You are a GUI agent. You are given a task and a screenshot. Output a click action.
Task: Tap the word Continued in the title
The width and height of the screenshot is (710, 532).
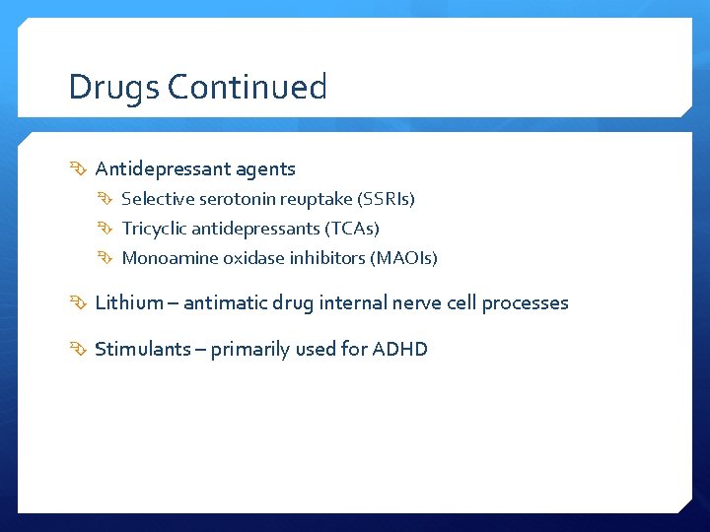click(248, 88)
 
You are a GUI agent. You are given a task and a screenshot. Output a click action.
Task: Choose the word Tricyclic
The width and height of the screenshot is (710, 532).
click(154, 229)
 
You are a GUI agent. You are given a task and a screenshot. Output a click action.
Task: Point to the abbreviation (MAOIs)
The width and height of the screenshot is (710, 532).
click(403, 258)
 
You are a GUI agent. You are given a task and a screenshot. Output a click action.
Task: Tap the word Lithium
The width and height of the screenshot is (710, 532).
click(128, 302)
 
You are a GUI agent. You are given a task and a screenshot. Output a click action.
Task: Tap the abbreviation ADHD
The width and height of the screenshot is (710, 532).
click(399, 349)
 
